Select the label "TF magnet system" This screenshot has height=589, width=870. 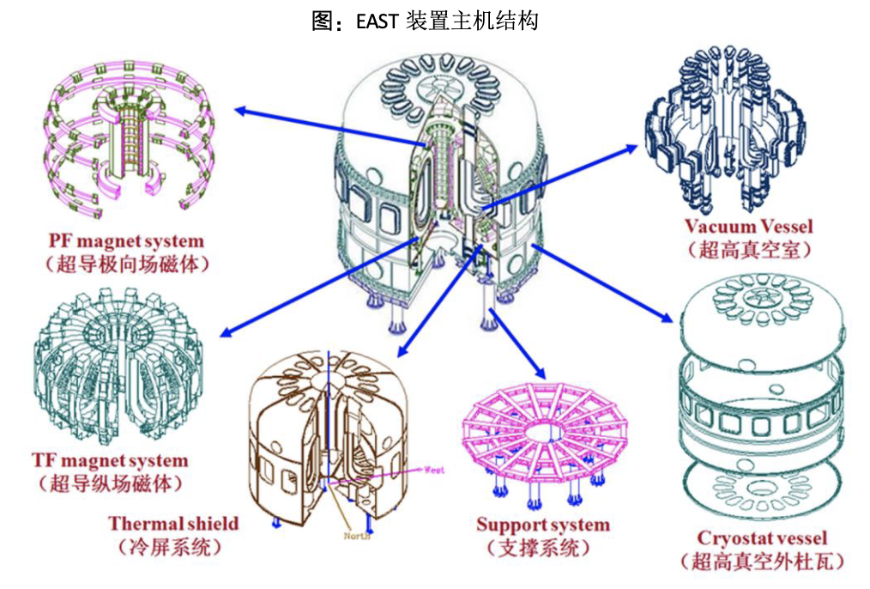(109, 461)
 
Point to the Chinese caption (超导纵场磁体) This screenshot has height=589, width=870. (109, 484)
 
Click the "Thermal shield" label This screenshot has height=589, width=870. (173, 523)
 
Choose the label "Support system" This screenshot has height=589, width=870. (543, 525)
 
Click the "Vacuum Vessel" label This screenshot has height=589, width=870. (748, 227)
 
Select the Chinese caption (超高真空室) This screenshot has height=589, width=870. (749, 250)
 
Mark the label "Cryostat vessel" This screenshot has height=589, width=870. (762, 538)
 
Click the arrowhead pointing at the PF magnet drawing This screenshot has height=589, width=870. (240, 110)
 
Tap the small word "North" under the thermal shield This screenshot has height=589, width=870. (358, 537)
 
